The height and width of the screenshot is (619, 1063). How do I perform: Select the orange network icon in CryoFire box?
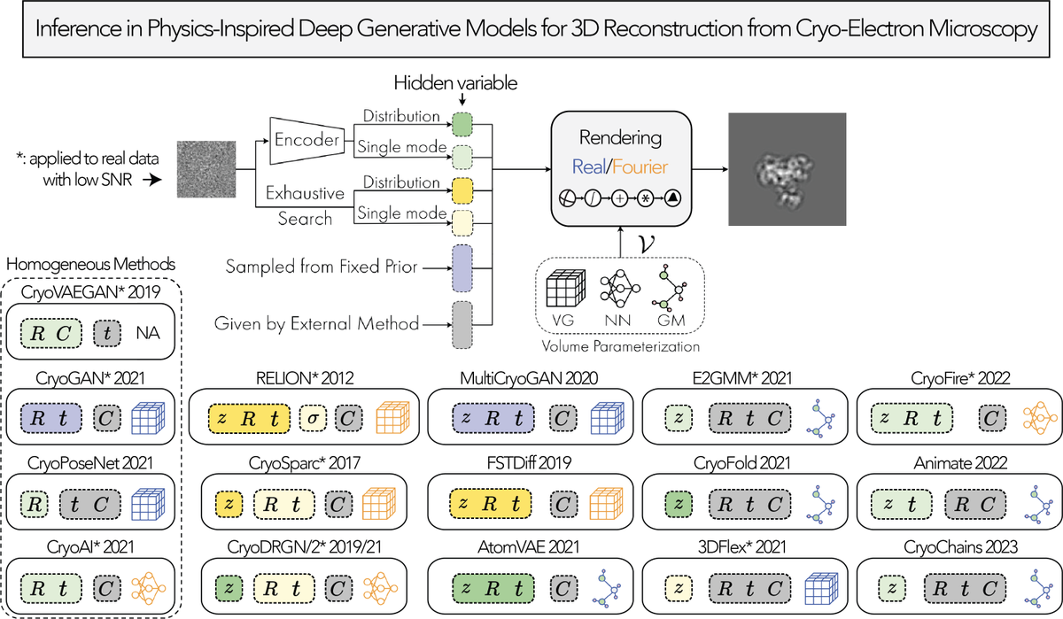point(1031,417)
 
